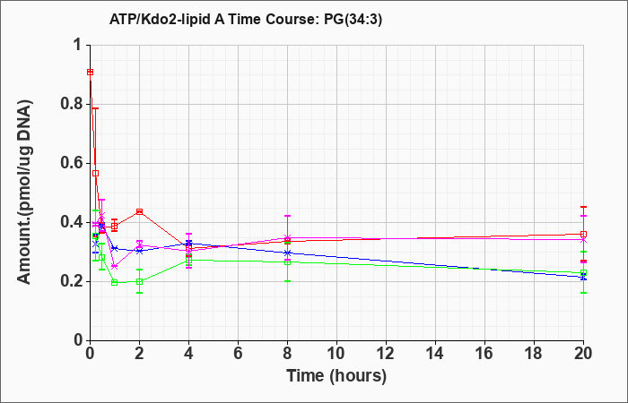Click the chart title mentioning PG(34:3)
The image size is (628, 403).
click(x=246, y=19)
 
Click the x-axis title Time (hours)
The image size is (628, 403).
click(x=336, y=376)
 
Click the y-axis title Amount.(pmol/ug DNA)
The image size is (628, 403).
click(x=24, y=192)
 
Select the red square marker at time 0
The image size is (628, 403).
click(x=91, y=72)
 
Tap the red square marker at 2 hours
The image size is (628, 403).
click(x=139, y=211)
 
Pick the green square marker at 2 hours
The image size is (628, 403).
click(x=139, y=281)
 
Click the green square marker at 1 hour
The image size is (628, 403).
click(x=115, y=283)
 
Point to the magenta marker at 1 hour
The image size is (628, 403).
click(x=115, y=266)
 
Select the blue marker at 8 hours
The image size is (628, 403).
click(x=287, y=253)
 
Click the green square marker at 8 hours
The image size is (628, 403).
click(x=287, y=262)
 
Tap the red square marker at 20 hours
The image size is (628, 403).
click(x=583, y=234)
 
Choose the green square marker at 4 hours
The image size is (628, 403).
click(x=189, y=261)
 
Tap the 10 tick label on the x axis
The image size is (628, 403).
click(x=336, y=354)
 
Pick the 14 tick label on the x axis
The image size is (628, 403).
click(x=435, y=354)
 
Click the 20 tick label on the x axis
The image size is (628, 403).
click(x=583, y=354)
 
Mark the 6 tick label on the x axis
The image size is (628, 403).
click(x=239, y=354)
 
